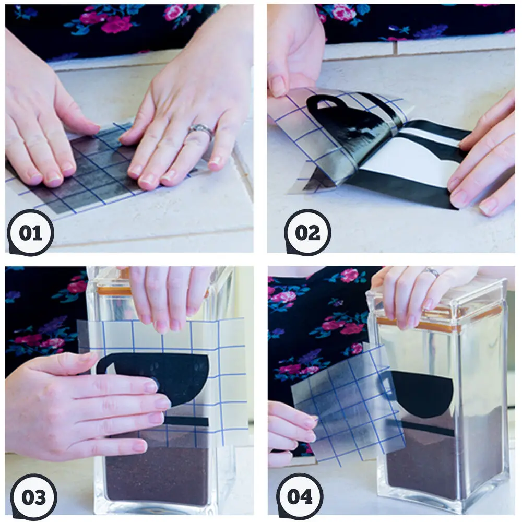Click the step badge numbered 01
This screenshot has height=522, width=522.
[x=30, y=233]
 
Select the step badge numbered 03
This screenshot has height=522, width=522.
[x=33, y=496]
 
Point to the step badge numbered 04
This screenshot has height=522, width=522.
[x=300, y=496]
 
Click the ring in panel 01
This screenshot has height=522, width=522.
[x=202, y=129]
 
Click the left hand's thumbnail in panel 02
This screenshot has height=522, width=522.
[x=278, y=87]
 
